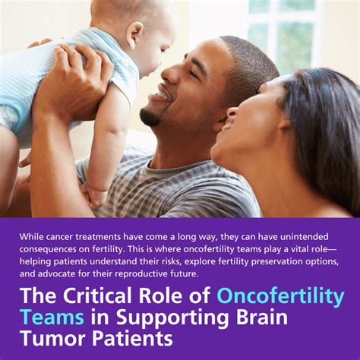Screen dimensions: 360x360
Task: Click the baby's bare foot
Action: coord(93,196)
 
